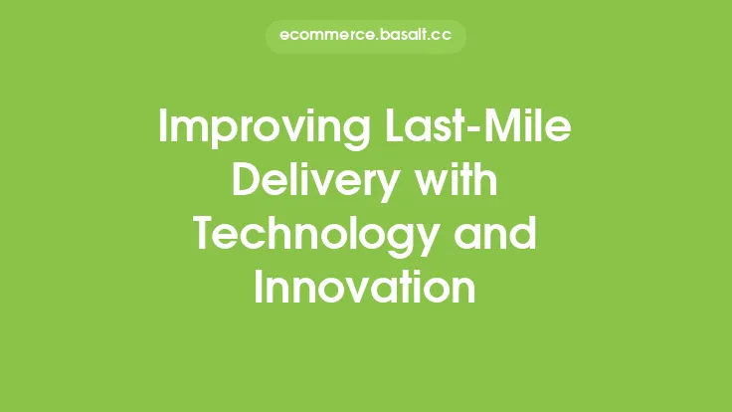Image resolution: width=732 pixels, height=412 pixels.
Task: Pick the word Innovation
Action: [365, 288]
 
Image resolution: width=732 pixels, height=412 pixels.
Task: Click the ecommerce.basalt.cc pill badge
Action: [365, 36]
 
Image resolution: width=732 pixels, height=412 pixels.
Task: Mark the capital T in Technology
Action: [204, 236]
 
